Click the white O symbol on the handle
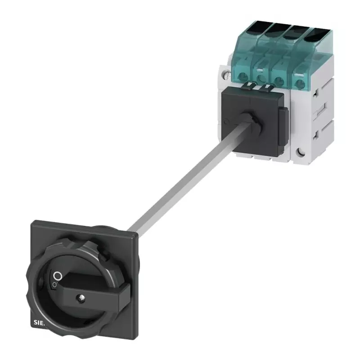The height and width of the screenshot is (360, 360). click(x=57, y=275)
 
